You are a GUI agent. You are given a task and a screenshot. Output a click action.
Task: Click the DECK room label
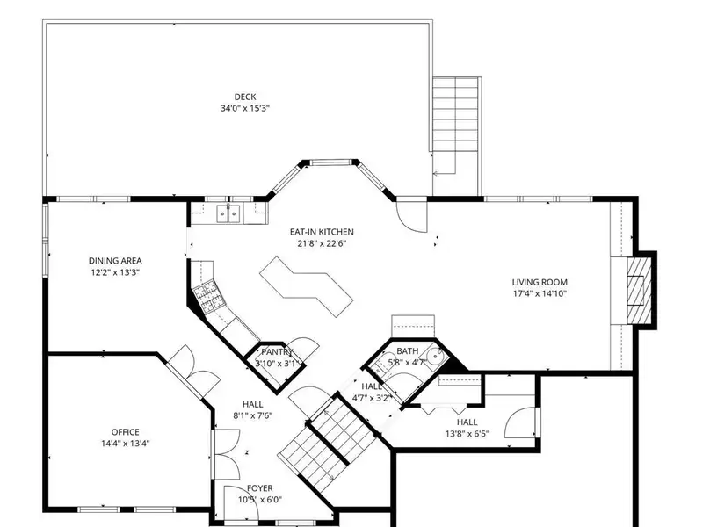tap(245, 97)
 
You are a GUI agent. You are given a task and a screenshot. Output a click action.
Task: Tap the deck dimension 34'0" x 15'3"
tap(245, 108)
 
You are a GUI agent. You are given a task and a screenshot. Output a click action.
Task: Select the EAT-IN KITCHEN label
tap(322, 232)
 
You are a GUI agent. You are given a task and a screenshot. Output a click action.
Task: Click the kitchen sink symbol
tap(228, 213)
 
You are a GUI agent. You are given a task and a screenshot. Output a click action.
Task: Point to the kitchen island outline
tap(306, 286)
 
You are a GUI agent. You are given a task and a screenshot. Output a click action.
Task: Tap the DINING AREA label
tap(115, 260)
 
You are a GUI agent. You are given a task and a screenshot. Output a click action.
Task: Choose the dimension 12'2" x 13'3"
tap(115, 272)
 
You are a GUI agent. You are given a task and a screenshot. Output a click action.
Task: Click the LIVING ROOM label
tap(540, 282)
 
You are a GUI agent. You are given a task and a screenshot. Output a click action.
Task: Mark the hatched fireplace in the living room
tap(639, 290)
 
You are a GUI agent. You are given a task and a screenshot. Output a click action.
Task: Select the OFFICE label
tap(125, 432)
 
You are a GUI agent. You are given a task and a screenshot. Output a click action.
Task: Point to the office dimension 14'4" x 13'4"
tap(125, 444)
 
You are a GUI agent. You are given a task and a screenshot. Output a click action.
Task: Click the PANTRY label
tap(277, 352)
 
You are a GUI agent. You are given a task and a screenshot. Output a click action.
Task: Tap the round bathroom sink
tap(436, 357)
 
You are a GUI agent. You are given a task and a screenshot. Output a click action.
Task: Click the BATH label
tap(408, 350)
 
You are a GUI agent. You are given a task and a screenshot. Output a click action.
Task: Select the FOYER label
tap(260, 488)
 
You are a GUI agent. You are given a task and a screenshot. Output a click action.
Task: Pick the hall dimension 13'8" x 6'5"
tap(467, 434)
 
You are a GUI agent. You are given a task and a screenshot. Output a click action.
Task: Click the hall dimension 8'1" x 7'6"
tap(252, 415)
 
